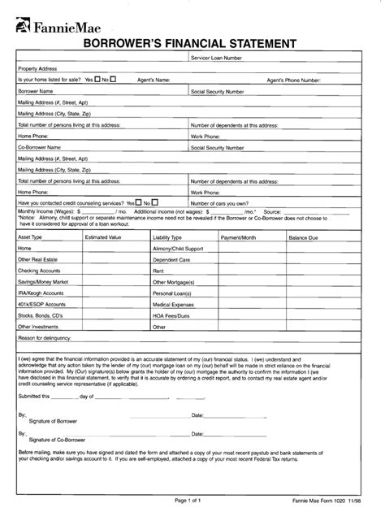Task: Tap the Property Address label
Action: pyautogui.click(x=37, y=70)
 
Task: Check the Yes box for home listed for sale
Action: pyautogui.click(x=98, y=80)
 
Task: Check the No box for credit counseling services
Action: pyautogui.click(x=154, y=202)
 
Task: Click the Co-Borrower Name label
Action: pyautogui.click(x=40, y=147)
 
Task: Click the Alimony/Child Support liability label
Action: pyautogui.click(x=178, y=248)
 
